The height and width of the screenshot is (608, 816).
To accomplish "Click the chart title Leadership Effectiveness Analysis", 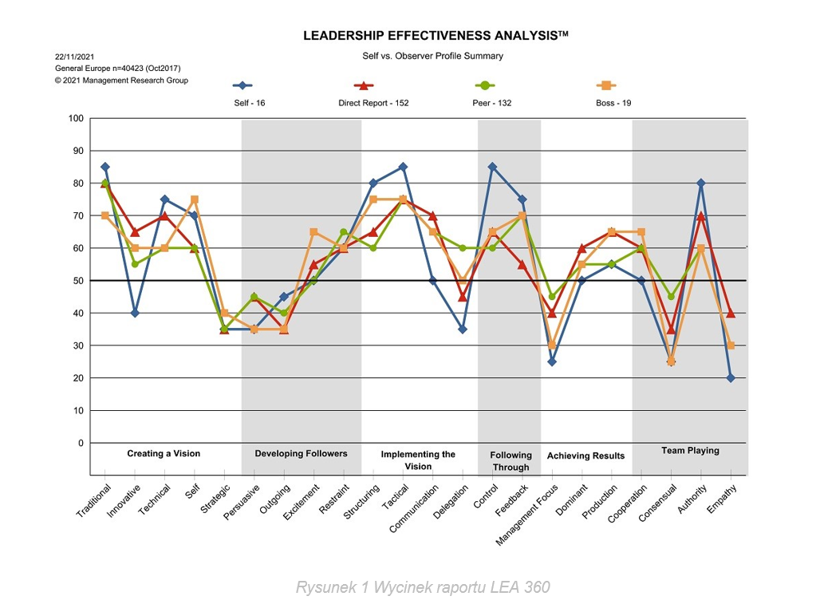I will click(x=435, y=36).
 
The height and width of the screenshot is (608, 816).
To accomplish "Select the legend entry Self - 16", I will click(x=249, y=103).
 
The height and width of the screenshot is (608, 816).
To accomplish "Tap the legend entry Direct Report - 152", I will click(x=373, y=103).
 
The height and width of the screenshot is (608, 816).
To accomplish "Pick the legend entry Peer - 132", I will click(x=491, y=103).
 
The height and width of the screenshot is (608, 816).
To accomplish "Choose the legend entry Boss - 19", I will click(x=613, y=103).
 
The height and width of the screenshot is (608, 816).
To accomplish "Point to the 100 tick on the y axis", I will click(x=76, y=119).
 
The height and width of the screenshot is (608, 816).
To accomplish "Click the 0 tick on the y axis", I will click(x=80, y=443).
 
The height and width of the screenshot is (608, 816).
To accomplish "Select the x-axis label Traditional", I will click(x=94, y=501).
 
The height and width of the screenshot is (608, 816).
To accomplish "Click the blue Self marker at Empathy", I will click(x=731, y=378).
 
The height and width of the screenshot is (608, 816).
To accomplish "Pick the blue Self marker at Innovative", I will click(x=135, y=313).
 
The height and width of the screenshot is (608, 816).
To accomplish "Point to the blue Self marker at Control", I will click(x=493, y=168).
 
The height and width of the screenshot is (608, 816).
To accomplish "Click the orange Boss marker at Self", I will click(x=195, y=199).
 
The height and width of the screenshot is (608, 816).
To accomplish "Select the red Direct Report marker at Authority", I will click(x=701, y=215).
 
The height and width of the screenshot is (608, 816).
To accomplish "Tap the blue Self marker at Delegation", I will click(x=463, y=329).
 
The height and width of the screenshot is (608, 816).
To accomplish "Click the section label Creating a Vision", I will click(x=164, y=453).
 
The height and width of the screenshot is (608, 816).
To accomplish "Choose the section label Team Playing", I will click(x=690, y=451).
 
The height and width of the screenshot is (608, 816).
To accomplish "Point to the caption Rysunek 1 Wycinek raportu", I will click(x=423, y=588).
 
